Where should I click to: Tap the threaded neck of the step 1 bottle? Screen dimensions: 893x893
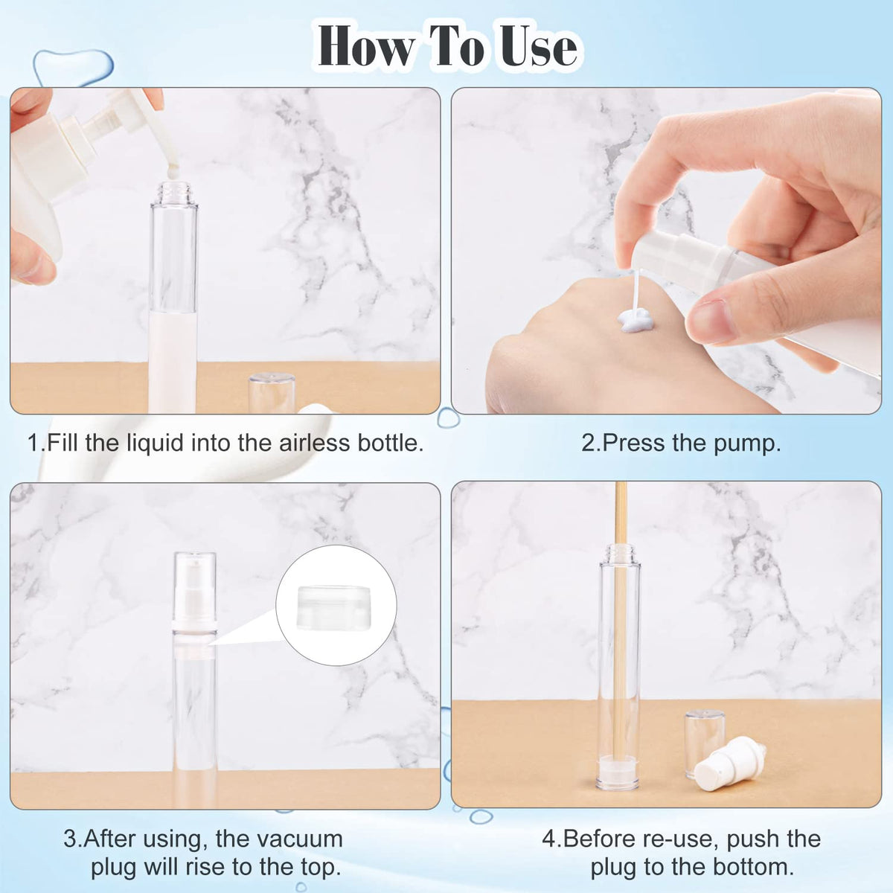click(x=174, y=192)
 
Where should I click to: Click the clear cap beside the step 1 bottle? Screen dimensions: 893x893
click(x=272, y=392)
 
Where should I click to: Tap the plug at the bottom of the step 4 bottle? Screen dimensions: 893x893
click(x=619, y=770)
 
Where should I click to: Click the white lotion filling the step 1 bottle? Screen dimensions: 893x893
click(x=173, y=362)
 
